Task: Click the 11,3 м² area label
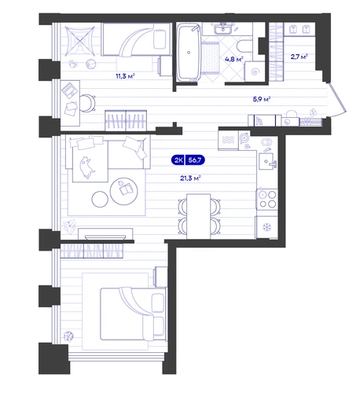coord(125,76)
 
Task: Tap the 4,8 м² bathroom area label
coord(234,59)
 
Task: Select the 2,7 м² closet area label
coord(299,57)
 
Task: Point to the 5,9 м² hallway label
coord(262,99)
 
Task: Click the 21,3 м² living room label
coord(190,178)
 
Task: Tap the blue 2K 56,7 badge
coord(188,160)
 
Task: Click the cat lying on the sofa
coord(87,167)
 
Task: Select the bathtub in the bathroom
coord(189,52)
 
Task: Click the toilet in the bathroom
coord(244,46)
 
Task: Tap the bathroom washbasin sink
coord(223,29)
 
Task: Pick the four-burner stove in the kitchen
coord(267,199)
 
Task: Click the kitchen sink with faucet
coord(267,161)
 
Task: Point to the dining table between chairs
coord(199,216)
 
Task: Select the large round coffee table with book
coord(124,191)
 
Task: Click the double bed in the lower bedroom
coord(134,314)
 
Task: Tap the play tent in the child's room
coord(80,41)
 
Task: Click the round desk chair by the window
coord(87,103)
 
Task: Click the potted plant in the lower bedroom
coord(68,336)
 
